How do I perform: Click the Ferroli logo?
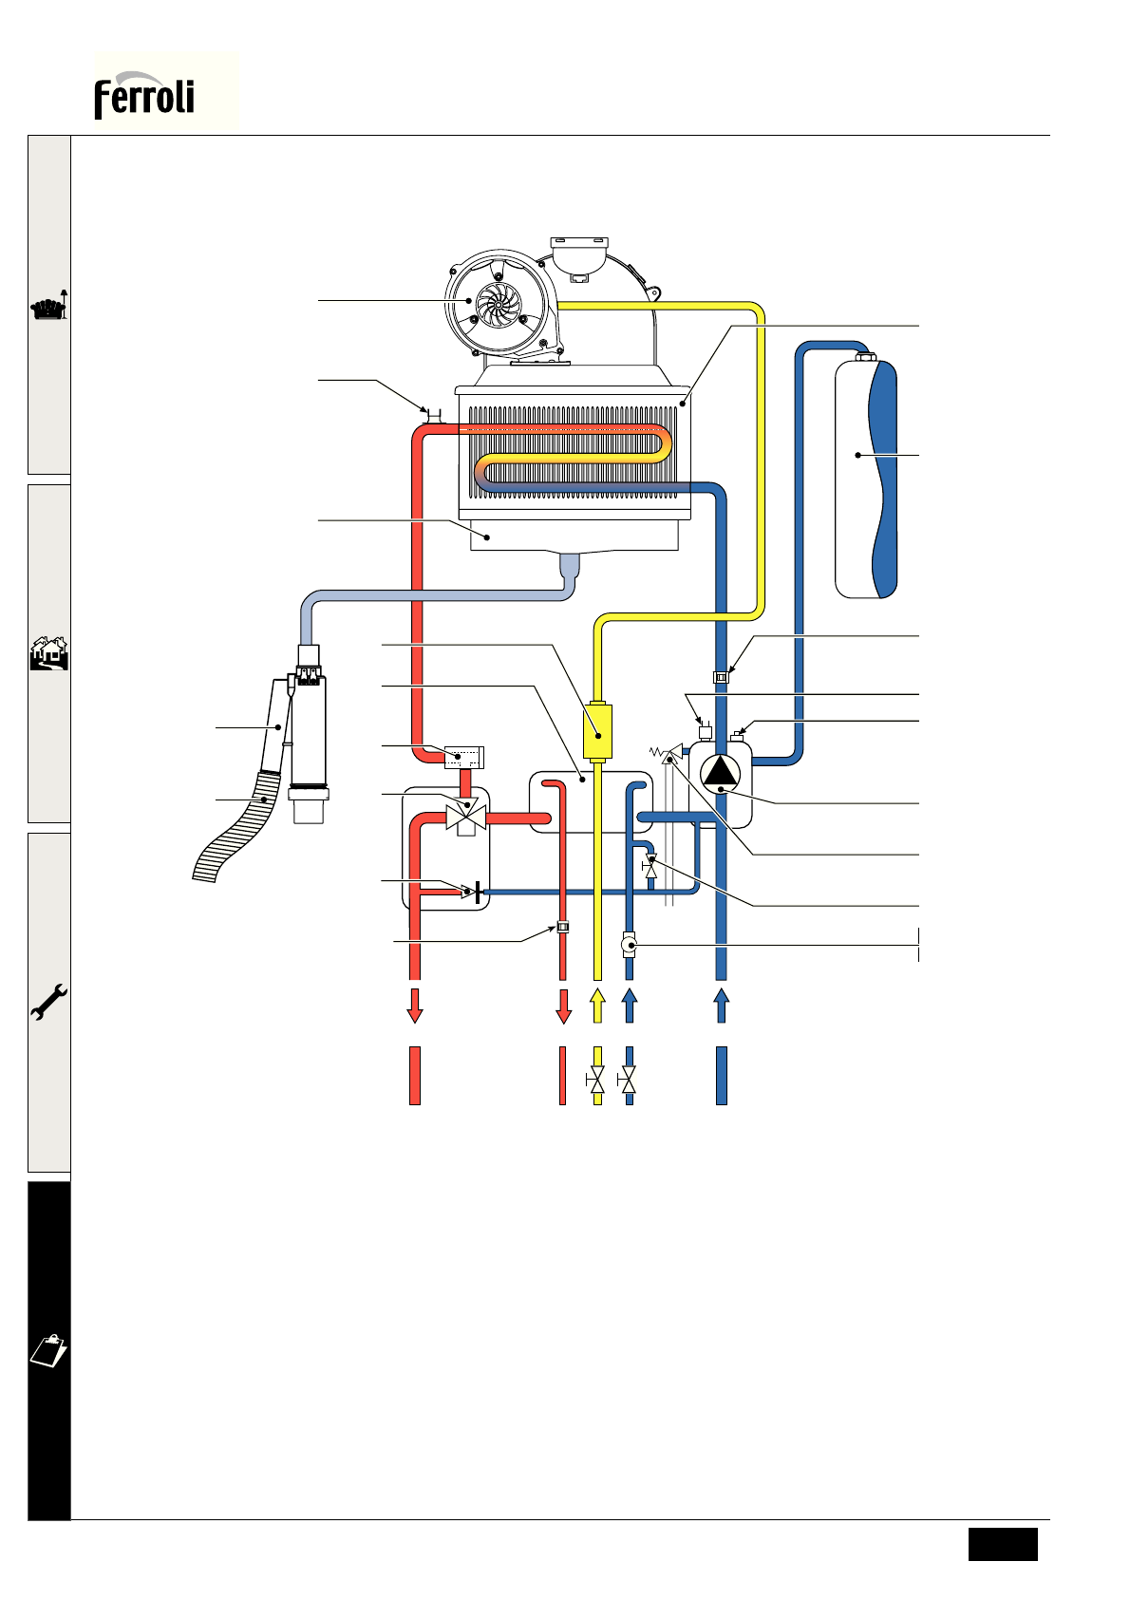pos(144,95)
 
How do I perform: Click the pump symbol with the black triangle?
pos(721,771)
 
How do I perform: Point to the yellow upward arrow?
pos(597,1005)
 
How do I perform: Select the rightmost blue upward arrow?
pos(721,1005)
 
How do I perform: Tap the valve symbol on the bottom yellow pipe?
pos(597,1080)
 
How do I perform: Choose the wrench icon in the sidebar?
pos(48,1002)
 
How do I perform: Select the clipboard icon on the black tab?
pos(48,1349)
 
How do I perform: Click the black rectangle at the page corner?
pos(1003,1543)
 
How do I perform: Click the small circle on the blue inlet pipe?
pos(629,945)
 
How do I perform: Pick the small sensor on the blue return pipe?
pos(721,677)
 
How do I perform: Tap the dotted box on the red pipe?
pos(464,757)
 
